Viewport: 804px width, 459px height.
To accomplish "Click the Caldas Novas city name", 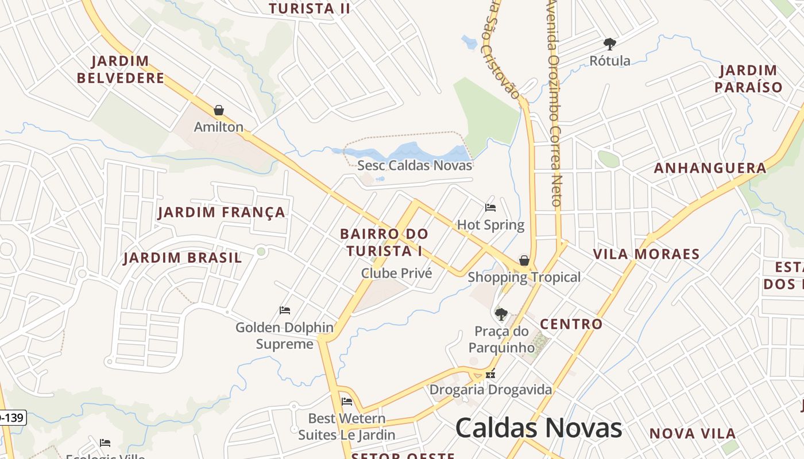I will [x=538, y=428].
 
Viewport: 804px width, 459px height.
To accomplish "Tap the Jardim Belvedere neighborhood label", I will [x=121, y=69].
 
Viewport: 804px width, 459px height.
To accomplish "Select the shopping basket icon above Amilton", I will [x=219, y=110].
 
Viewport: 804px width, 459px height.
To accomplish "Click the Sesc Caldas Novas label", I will [x=415, y=166].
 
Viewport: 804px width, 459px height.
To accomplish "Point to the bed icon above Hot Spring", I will [x=490, y=208].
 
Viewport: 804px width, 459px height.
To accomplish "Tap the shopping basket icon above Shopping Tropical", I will [x=524, y=261].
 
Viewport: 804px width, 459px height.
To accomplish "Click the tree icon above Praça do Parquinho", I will [x=501, y=314].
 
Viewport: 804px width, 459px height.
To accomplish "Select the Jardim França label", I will [x=221, y=212].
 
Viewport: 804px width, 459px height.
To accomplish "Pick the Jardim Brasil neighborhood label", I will [x=183, y=258].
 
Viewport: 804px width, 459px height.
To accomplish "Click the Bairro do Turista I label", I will [x=384, y=242].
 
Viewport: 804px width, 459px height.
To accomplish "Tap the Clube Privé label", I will [x=396, y=273].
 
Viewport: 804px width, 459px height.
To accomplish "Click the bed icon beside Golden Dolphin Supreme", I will [x=285, y=310].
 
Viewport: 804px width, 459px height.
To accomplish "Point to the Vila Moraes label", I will [x=646, y=254].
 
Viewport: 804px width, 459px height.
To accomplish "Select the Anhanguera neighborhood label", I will [x=710, y=168].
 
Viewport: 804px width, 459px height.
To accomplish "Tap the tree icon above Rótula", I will [x=609, y=44].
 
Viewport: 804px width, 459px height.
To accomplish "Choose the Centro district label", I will [x=571, y=324].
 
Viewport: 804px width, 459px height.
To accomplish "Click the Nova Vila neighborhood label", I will [x=693, y=434].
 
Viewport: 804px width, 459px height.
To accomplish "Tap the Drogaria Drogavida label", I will [x=491, y=390].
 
